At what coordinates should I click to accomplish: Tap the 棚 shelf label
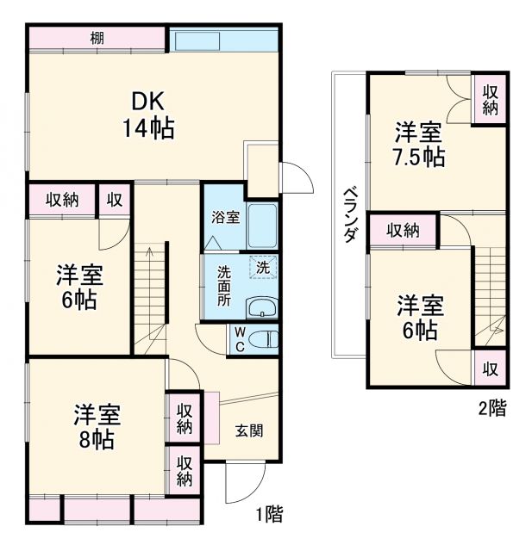[97, 38]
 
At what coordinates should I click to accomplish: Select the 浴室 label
[226, 218]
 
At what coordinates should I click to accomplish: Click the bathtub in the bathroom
[261, 226]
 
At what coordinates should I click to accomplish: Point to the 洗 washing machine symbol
[262, 267]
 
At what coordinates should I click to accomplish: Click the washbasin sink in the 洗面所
[260, 307]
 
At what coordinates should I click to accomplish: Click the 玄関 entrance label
[249, 431]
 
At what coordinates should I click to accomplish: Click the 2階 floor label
[492, 409]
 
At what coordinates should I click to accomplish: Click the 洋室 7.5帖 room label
[420, 145]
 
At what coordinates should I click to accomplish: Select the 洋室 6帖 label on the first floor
[80, 288]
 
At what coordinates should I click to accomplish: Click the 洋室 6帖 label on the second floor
[420, 317]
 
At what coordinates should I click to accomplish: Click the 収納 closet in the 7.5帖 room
[490, 100]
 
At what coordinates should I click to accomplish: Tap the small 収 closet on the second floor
[490, 369]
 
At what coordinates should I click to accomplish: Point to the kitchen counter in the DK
[222, 40]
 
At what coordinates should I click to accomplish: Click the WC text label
[239, 339]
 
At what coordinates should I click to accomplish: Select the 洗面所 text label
[224, 287]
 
